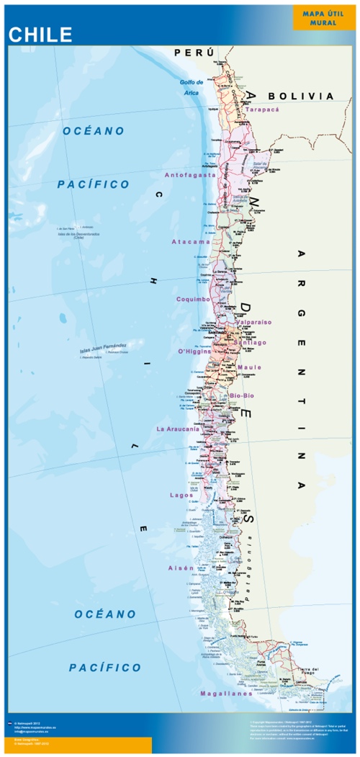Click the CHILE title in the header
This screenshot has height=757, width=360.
(x=40, y=35)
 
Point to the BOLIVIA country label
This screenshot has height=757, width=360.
(x=300, y=96)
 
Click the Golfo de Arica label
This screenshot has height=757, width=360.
(x=192, y=87)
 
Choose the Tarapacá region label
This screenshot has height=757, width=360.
(x=261, y=109)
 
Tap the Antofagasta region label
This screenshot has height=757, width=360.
(x=190, y=174)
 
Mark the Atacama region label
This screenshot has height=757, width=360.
(x=191, y=242)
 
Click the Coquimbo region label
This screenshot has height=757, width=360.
(x=193, y=298)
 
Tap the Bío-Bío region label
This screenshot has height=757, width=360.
(x=243, y=396)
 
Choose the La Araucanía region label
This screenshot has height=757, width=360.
(x=181, y=429)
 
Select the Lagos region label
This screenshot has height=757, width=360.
(x=181, y=495)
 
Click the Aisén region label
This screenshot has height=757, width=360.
(x=181, y=568)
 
